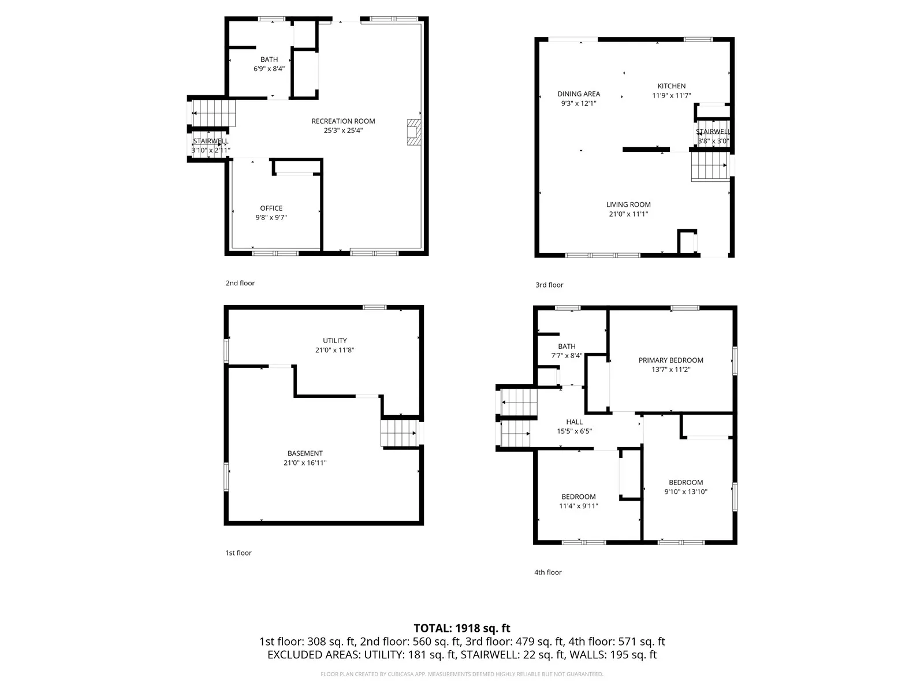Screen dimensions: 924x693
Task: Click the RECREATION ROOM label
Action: pyautogui.click(x=343, y=121)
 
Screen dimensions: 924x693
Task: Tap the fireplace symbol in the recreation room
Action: pyautogui.click(x=414, y=132)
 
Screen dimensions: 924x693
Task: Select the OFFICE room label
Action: pyautogui.click(x=271, y=208)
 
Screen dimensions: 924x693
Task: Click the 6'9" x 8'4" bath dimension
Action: pyautogui.click(x=269, y=69)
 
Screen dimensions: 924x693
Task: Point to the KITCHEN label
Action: pyautogui.click(x=672, y=86)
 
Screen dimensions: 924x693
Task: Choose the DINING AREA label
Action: pyautogui.click(x=579, y=94)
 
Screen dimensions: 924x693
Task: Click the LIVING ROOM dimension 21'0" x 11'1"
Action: pyautogui.click(x=628, y=214)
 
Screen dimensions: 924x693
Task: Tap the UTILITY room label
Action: pyautogui.click(x=334, y=340)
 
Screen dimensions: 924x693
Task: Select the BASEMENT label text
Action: pyautogui.click(x=305, y=453)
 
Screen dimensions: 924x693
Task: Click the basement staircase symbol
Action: pyautogui.click(x=400, y=433)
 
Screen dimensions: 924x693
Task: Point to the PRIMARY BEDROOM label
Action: pyautogui.click(x=670, y=360)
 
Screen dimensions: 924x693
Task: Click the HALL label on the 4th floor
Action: pyautogui.click(x=574, y=422)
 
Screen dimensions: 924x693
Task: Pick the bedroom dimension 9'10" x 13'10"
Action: pyautogui.click(x=685, y=491)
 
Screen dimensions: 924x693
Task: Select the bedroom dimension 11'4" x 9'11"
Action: pyautogui.click(x=579, y=506)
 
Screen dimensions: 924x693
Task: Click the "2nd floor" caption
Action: pyautogui.click(x=240, y=283)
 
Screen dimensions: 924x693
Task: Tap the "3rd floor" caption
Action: pyautogui.click(x=549, y=285)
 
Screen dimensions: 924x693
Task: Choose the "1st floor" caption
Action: pyautogui.click(x=239, y=553)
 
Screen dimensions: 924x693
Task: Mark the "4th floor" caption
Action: pyautogui.click(x=547, y=572)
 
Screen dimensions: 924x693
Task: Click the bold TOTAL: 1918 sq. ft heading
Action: pyautogui.click(x=462, y=628)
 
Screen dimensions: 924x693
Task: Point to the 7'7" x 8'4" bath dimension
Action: pyautogui.click(x=567, y=356)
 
